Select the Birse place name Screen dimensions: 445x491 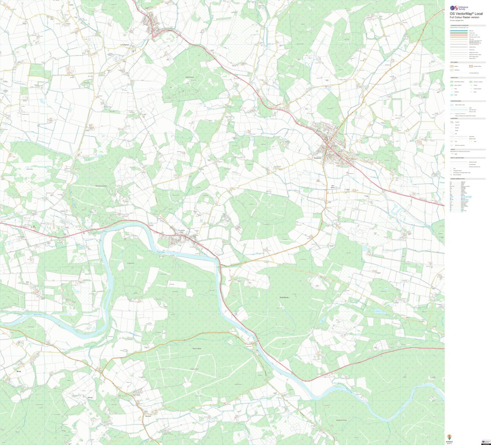18,371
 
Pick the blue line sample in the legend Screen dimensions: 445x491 459,31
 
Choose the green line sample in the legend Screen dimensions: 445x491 459,33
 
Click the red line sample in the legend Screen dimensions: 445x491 459,35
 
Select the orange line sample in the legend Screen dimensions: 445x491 459,37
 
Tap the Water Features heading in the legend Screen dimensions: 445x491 455,101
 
